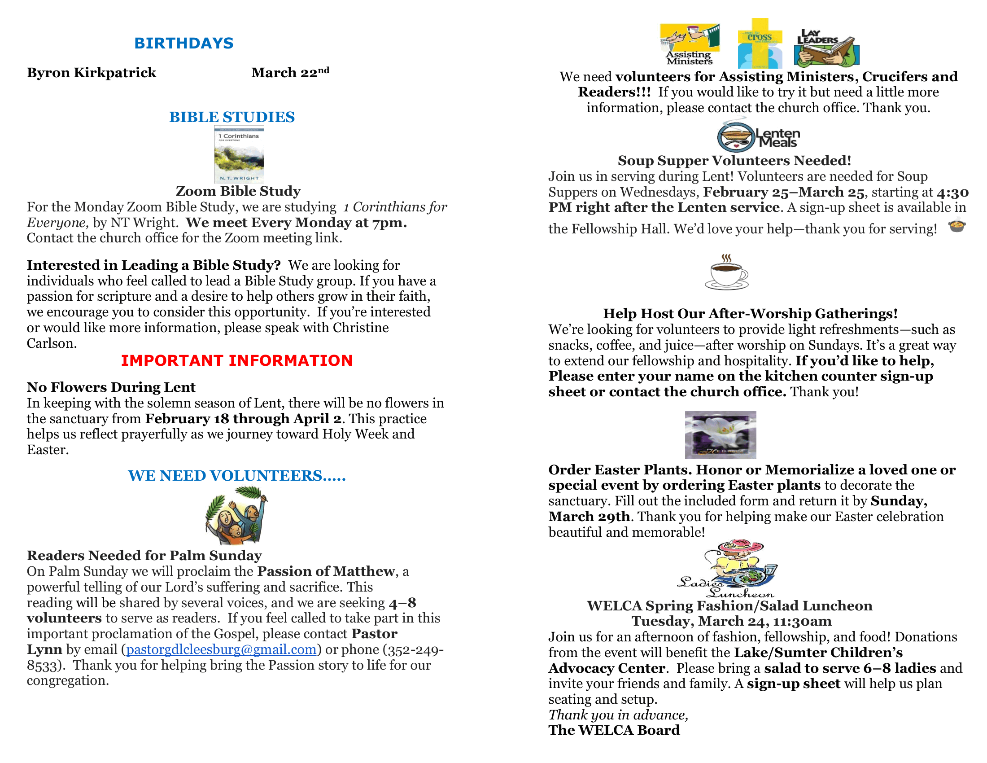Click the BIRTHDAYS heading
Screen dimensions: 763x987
click(x=183, y=43)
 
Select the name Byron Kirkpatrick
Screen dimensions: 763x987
click(x=91, y=73)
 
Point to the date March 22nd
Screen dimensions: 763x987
click(x=290, y=72)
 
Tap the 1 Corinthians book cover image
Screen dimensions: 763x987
click(x=239, y=154)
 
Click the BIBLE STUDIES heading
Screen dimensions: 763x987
click(x=232, y=117)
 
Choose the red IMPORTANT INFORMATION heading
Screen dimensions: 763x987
click(x=236, y=360)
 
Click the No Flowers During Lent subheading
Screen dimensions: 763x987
click(x=111, y=387)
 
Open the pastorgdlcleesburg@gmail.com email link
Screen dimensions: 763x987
click(x=222, y=649)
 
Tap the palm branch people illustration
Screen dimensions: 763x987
click(x=236, y=515)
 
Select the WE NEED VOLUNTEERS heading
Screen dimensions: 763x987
click(x=236, y=475)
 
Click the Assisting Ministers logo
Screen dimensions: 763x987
click(x=689, y=44)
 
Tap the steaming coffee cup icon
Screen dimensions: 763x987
click(x=726, y=272)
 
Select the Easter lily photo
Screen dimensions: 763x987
click(x=721, y=435)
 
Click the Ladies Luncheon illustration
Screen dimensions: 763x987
click(x=728, y=569)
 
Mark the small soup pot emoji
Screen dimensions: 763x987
click(x=957, y=225)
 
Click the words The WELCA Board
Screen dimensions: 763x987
click(x=614, y=730)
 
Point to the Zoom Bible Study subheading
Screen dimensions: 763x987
click(x=238, y=191)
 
